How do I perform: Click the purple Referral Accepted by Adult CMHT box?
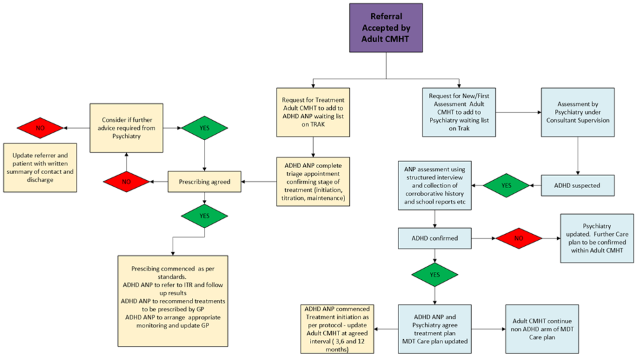click(386, 28)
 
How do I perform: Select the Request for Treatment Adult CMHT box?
click(313, 112)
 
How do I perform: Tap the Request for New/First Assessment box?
click(458, 112)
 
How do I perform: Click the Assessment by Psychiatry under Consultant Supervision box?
click(577, 112)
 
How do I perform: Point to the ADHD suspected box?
click(577, 185)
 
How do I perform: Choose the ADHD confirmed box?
click(435, 237)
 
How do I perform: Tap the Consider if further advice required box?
click(127, 127)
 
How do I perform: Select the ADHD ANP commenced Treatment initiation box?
click(336, 328)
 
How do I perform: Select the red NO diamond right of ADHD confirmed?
click(517, 237)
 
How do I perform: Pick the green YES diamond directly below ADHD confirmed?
click(435, 274)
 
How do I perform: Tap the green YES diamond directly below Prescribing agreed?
click(204, 216)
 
